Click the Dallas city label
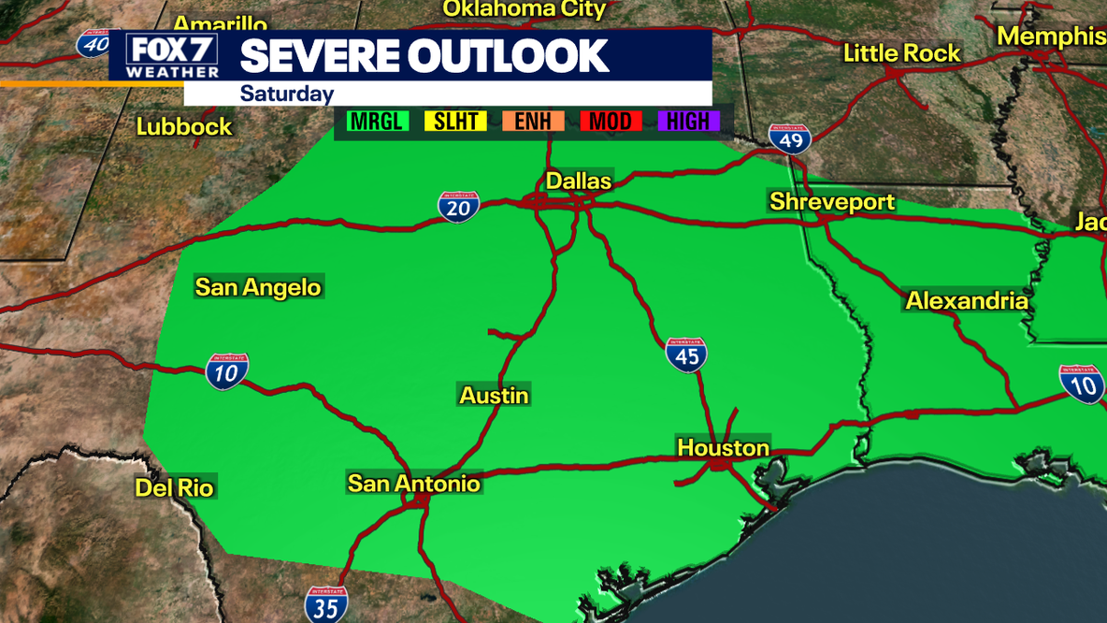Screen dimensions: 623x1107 click(579, 181)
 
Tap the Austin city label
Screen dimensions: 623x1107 click(495, 396)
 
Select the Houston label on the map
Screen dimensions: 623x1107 click(723, 448)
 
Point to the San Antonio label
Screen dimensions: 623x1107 click(413, 483)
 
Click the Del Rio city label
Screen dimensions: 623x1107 click(175, 487)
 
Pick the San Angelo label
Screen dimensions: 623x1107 click(258, 287)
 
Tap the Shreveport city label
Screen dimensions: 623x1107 click(831, 202)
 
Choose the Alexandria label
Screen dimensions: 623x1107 click(967, 301)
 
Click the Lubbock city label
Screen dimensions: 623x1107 click(184, 126)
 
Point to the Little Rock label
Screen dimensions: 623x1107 click(901, 53)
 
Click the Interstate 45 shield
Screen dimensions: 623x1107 click(686, 355)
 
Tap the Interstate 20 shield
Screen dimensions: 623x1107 click(459, 208)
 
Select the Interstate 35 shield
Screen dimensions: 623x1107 click(326, 604)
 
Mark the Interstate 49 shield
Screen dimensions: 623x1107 click(790, 139)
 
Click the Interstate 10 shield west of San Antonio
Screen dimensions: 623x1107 click(227, 371)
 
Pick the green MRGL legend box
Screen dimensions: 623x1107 click(378, 121)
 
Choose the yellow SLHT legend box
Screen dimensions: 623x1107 click(455, 121)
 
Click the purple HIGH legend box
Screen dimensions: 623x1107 click(688, 121)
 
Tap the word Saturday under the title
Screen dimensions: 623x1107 click(287, 94)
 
